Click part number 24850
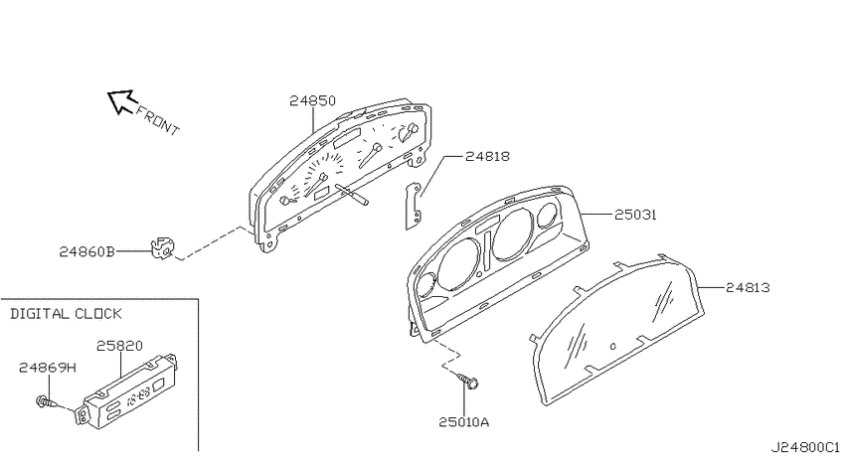click(312, 100)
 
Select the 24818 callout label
click(487, 156)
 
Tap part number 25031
click(635, 215)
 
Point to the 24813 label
click(748, 287)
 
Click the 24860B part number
click(86, 251)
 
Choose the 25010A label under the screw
click(463, 422)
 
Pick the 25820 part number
click(119, 346)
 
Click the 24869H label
click(48, 368)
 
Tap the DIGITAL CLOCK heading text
click(67, 314)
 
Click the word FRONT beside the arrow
click(157, 120)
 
